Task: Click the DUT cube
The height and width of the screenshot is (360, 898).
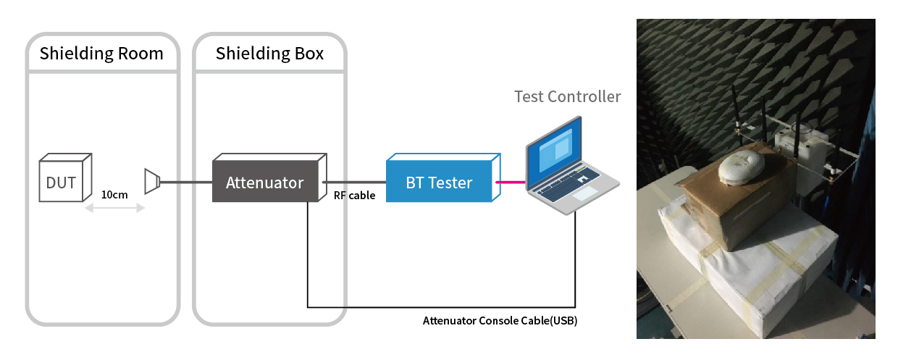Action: [65, 177]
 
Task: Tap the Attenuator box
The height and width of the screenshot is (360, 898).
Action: [269, 177]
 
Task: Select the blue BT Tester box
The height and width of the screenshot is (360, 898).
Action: [443, 177]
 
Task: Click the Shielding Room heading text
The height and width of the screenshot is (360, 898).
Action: [101, 54]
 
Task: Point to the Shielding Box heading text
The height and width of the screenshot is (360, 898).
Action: [269, 54]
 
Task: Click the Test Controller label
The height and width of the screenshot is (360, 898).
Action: [567, 96]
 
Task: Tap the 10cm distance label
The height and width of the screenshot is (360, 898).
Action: [114, 195]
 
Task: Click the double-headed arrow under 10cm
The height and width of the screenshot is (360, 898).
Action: [114, 208]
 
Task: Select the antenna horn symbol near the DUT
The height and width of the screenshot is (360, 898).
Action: [152, 182]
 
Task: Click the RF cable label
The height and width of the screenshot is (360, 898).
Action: [354, 196]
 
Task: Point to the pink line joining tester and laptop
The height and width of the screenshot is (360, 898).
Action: [511, 182]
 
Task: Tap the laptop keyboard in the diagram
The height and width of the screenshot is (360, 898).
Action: [569, 182]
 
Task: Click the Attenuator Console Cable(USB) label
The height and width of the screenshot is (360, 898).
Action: [500, 321]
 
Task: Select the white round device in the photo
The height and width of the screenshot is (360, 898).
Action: [741, 167]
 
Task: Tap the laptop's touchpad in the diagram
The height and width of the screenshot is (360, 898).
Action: [584, 193]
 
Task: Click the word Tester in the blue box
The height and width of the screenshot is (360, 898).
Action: [450, 183]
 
